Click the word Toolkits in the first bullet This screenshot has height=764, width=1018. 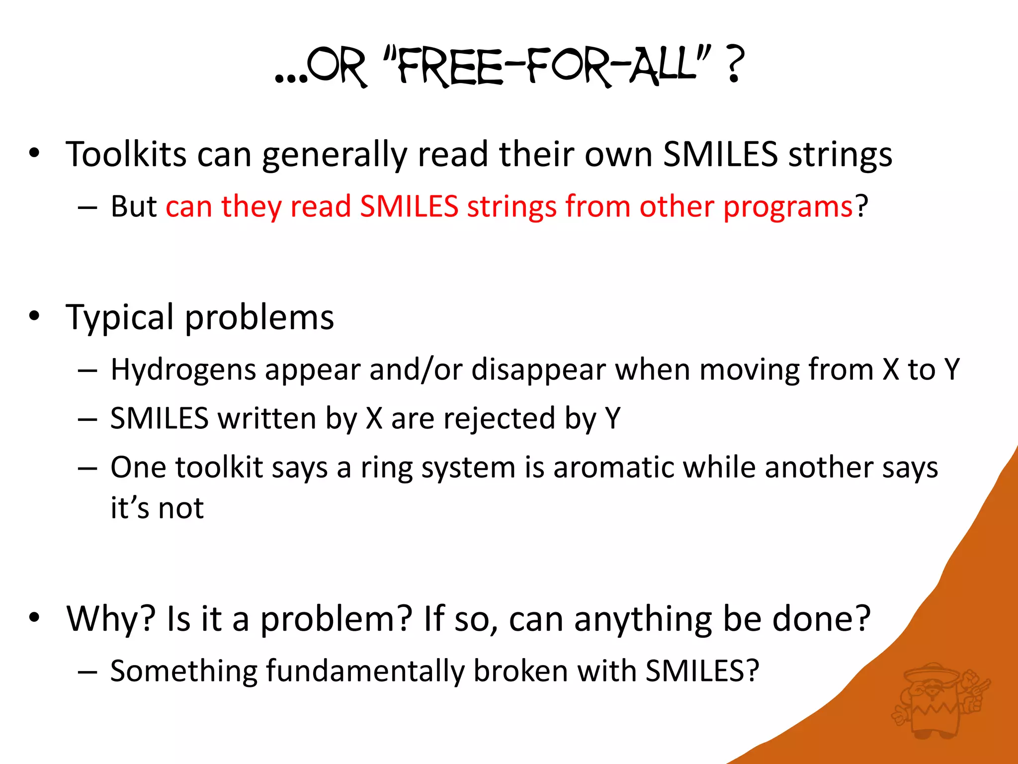pyautogui.click(x=126, y=154)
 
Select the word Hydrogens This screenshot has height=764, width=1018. pyautogui.click(x=183, y=370)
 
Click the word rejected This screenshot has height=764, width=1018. pyautogui.click(x=499, y=418)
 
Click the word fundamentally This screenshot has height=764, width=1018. pyautogui.click(x=365, y=671)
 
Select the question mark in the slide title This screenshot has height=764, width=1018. pyautogui.click(x=735, y=65)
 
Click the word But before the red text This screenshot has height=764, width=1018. pyautogui.click(x=133, y=206)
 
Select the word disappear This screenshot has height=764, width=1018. pyautogui.click(x=538, y=370)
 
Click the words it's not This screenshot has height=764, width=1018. pyautogui.click(x=157, y=508)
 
